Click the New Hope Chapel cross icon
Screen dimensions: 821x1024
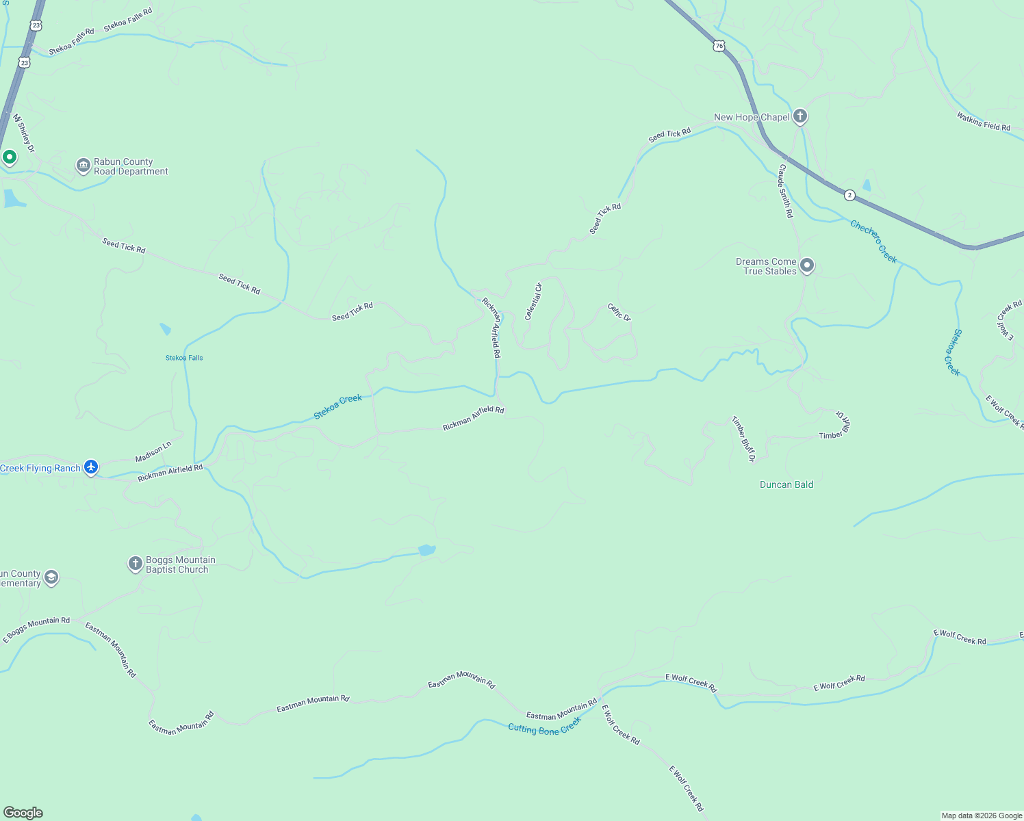coord(799,116)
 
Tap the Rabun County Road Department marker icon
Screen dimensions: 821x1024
coord(84,166)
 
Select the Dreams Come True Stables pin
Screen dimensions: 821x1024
coord(807,265)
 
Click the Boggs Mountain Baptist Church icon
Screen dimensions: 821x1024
coord(136,564)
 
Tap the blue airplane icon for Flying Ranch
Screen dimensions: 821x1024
coord(91,467)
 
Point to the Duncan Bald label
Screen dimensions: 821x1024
coord(786,484)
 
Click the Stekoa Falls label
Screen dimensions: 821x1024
coord(184,358)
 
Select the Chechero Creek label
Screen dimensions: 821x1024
coord(873,242)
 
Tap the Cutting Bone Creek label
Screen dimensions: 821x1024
coord(545,726)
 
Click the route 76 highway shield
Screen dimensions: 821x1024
coord(717,46)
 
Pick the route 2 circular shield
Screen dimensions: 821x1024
coord(849,195)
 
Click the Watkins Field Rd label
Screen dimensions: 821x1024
coord(984,122)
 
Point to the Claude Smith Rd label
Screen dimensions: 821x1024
coord(785,191)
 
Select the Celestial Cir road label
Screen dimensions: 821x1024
coord(533,301)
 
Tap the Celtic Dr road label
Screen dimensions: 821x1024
coord(619,312)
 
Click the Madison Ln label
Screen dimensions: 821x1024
coord(153,452)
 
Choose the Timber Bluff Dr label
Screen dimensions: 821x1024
coord(743,439)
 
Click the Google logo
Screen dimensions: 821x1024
coord(23,813)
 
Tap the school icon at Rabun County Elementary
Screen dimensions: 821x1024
coord(51,578)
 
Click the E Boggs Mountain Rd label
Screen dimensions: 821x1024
coord(36,629)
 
